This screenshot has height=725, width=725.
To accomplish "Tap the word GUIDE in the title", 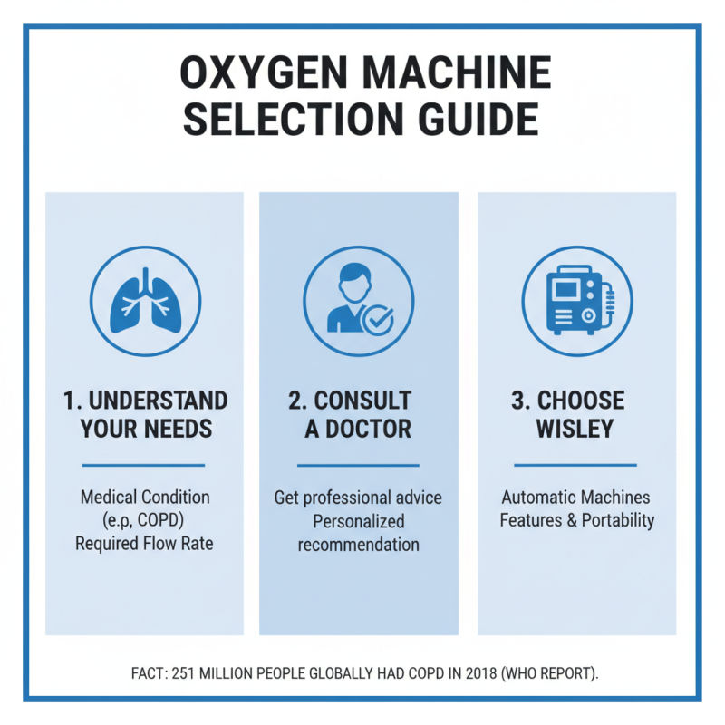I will [x=477, y=121].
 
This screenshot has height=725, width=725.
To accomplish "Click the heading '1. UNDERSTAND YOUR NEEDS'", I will [x=145, y=414].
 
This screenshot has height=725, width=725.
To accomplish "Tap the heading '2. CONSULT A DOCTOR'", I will [x=358, y=414].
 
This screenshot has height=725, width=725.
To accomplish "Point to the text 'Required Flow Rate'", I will [x=145, y=545].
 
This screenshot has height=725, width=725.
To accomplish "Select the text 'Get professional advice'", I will [x=358, y=498].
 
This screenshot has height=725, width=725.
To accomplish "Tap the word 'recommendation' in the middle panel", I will [x=358, y=545].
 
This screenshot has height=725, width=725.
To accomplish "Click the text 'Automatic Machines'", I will [x=575, y=498].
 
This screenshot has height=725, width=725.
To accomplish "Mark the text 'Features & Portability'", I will [x=576, y=521].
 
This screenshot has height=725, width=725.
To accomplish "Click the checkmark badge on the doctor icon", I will [x=376, y=319].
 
